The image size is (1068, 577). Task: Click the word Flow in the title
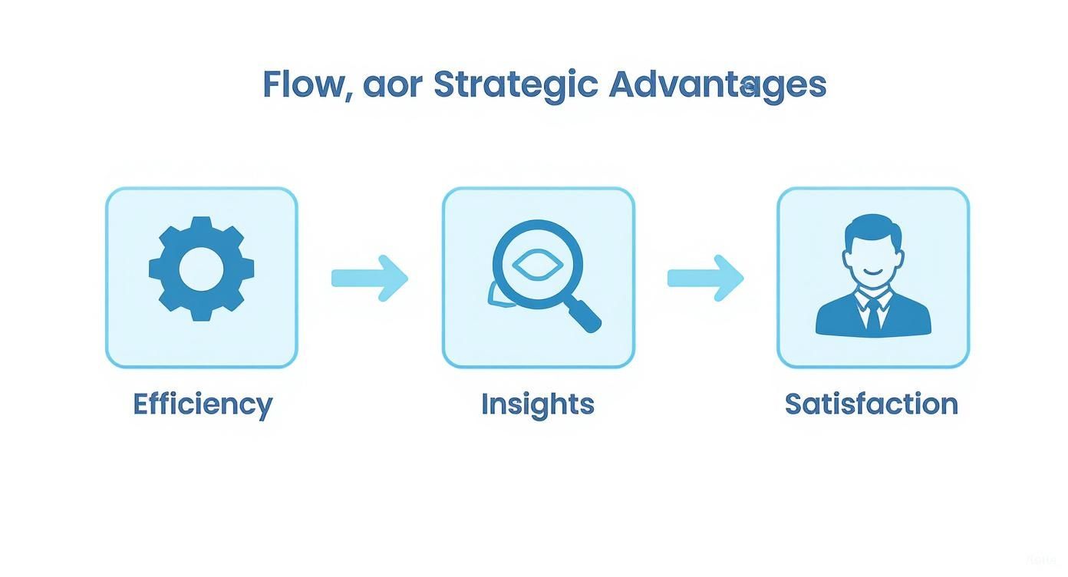coord(301,84)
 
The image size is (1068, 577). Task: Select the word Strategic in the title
coord(515,84)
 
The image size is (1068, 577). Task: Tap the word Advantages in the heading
coord(717,84)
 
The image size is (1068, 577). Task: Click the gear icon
coord(201,269)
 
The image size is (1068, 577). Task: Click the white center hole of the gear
coord(201,269)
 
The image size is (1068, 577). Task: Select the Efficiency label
coord(203,404)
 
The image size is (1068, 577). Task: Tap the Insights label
coord(537,404)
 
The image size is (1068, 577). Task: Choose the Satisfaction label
coord(871,404)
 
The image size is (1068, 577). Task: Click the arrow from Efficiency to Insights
coord(369,278)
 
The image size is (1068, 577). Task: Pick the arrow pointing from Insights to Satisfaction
coord(705,278)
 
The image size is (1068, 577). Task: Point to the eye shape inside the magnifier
coord(537,265)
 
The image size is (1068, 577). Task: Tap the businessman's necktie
coord(873,315)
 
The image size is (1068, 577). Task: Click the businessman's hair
coord(873,228)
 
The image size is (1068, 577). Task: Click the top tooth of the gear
coord(201,224)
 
